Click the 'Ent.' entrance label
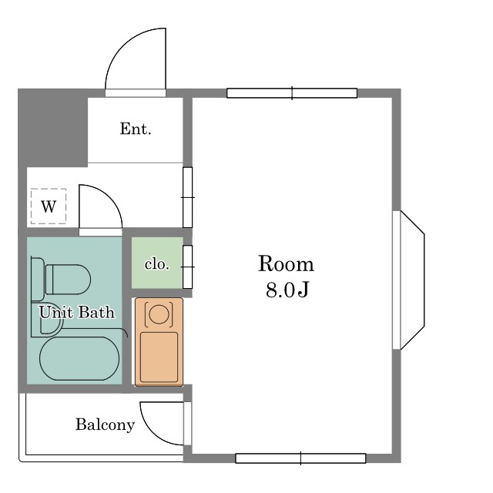click(136, 129)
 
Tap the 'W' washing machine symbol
click(49, 206)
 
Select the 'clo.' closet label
click(157, 264)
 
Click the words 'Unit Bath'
click(77, 312)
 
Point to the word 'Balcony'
click(105, 424)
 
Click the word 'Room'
click(286, 263)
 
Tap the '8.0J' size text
click(287, 290)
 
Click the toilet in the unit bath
click(62, 279)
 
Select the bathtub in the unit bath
click(79, 358)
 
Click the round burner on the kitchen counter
click(159, 314)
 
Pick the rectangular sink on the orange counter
click(159, 357)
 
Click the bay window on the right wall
click(409, 280)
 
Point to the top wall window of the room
click(292, 93)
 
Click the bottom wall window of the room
click(300, 458)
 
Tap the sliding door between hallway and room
click(188, 197)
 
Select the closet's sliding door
click(188, 267)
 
